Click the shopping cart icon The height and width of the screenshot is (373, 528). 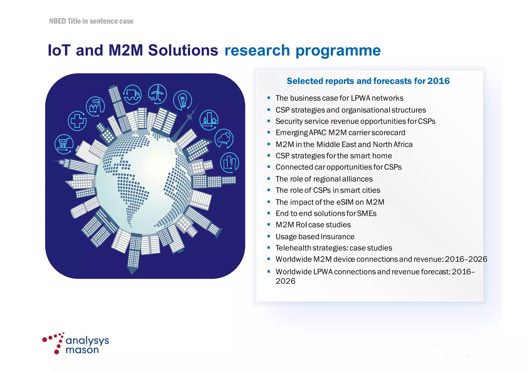[x=64, y=144]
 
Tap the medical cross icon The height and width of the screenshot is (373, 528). [x=77, y=121]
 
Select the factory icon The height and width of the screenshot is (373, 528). [x=95, y=106]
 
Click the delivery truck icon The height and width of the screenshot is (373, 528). [x=132, y=94]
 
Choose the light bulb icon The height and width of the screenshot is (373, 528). [x=183, y=100]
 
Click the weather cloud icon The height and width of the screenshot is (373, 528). [x=224, y=139]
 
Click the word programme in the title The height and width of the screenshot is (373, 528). [x=338, y=50]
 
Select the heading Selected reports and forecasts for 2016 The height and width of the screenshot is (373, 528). [x=368, y=81]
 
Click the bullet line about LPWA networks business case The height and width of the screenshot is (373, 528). [x=339, y=98]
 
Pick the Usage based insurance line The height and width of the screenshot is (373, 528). [x=315, y=236]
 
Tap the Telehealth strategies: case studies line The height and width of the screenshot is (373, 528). [x=334, y=248]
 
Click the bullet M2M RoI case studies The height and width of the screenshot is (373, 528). [x=313, y=225]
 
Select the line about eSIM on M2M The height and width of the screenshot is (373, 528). [x=330, y=202]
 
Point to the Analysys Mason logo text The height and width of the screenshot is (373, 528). [x=87, y=345]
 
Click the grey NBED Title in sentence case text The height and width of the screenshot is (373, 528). [x=91, y=21]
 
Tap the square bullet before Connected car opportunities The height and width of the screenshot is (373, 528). [x=269, y=167]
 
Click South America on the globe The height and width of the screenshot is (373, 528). [x=134, y=196]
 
